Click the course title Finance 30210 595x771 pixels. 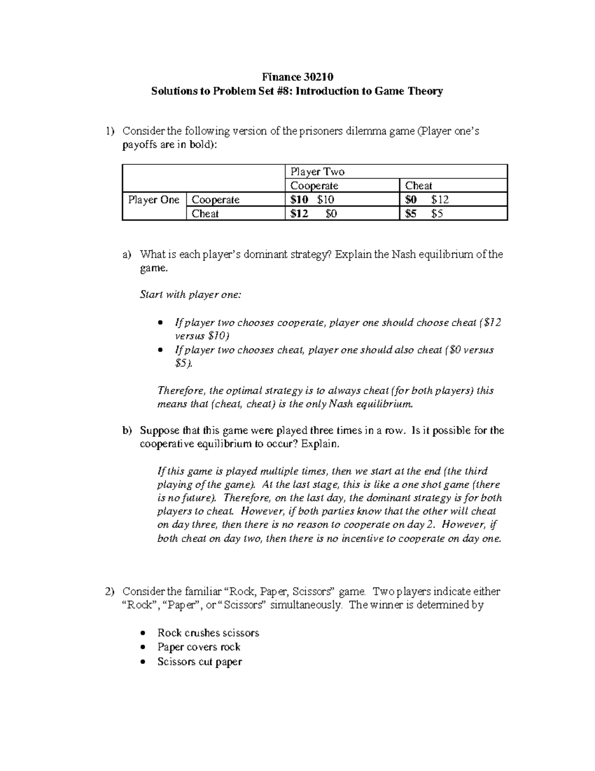297,77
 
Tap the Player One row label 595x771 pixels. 153,200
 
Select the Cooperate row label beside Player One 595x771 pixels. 216,200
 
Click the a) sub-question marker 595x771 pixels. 127,255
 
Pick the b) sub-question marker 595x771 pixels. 127,430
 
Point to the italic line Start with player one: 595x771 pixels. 191,294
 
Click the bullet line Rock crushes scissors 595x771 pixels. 208,633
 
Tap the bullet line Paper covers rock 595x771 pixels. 199,647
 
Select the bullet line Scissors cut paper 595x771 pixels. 199,661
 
